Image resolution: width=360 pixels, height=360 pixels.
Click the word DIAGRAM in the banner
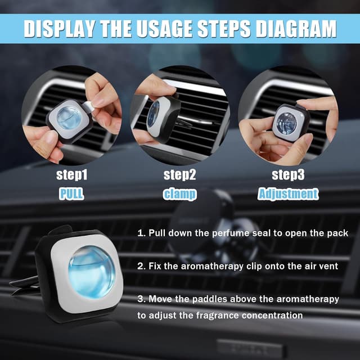(x=296, y=29)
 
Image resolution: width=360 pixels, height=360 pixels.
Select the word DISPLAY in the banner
(x=60, y=29)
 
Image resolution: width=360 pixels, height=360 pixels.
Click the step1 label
(x=72, y=175)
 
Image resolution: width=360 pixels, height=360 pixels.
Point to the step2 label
(x=179, y=175)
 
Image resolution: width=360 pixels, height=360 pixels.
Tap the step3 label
(x=288, y=175)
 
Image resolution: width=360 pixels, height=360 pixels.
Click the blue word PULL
(x=71, y=193)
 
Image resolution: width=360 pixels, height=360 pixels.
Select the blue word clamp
(x=180, y=194)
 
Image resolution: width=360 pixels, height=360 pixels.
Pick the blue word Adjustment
(x=288, y=194)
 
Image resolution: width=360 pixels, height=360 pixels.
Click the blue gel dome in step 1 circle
(x=69, y=118)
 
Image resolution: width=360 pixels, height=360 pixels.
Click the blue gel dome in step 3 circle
(x=286, y=122)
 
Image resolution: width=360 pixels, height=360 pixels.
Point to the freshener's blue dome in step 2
(x=153, y=114)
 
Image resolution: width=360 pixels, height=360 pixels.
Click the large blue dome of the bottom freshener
(x=92, y=272)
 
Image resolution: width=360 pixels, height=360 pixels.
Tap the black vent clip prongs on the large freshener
(x=24, y=285)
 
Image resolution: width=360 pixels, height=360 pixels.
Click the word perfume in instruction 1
(x=230, y=233)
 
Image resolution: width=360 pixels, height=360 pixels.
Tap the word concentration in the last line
(x=272, y=316)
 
